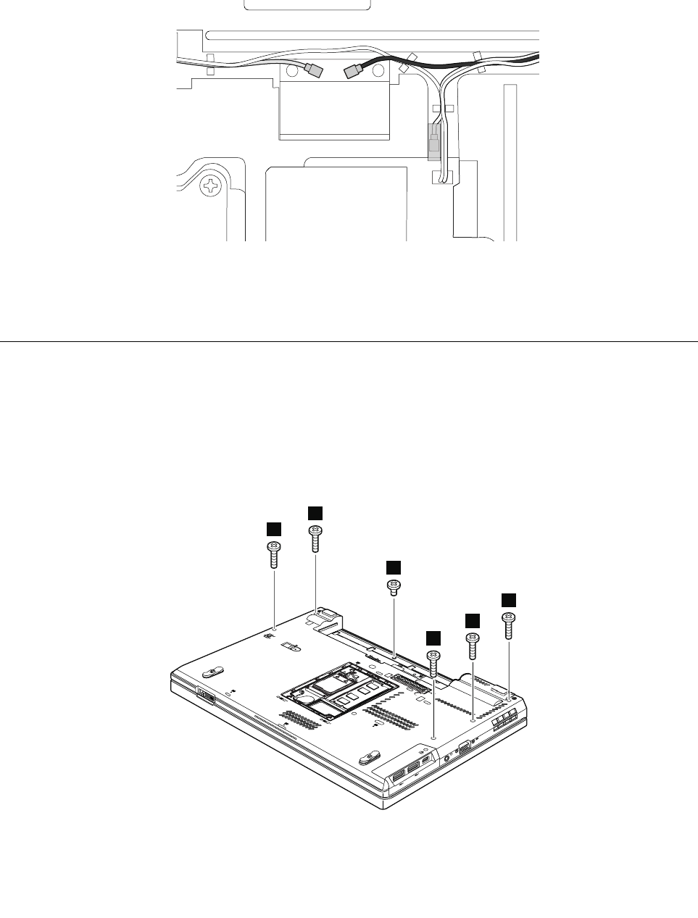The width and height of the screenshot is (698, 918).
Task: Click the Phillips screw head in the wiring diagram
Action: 211,186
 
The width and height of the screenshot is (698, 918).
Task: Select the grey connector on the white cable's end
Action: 315,70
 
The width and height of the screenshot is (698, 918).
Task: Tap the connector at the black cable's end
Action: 353,72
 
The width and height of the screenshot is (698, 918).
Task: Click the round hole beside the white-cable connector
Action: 293,70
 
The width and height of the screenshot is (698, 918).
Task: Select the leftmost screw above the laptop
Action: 274,556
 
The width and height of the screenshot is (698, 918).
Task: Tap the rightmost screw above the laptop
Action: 508,624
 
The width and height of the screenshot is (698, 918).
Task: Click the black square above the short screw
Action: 393,567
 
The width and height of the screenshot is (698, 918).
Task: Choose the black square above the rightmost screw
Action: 509,599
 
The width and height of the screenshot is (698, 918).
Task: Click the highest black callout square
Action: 315,512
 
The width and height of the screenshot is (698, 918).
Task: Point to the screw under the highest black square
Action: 315,540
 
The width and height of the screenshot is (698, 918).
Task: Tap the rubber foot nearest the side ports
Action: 370,757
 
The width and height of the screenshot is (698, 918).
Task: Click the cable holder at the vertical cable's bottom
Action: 441,177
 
